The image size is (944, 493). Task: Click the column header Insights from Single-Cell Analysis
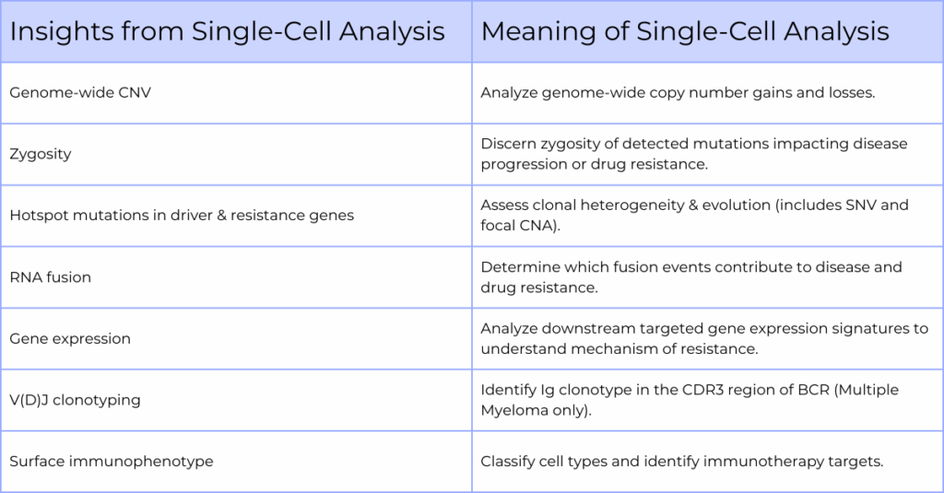pyautogui.click(x=227, y=31)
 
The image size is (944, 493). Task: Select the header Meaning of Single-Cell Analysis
pyautogui.click(x=684, y=31)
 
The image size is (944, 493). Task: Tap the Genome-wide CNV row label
pyautogui.click(x=80, y=93)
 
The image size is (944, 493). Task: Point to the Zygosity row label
pyautogui.click(x=41, y=154)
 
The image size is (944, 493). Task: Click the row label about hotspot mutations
pyautogui.click(x=182, y=216)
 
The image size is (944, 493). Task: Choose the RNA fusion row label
pyautogui.click(x=51, y=277)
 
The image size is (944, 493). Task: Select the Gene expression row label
pyautogui.click(x=70, y=339)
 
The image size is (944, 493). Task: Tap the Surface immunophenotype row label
pyautogui.click(x=112, y=462)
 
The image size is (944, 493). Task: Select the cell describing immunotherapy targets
pyautogui.click(x=682, y=462)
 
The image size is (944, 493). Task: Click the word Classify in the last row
pyautogui.click(x=508, y=462)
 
